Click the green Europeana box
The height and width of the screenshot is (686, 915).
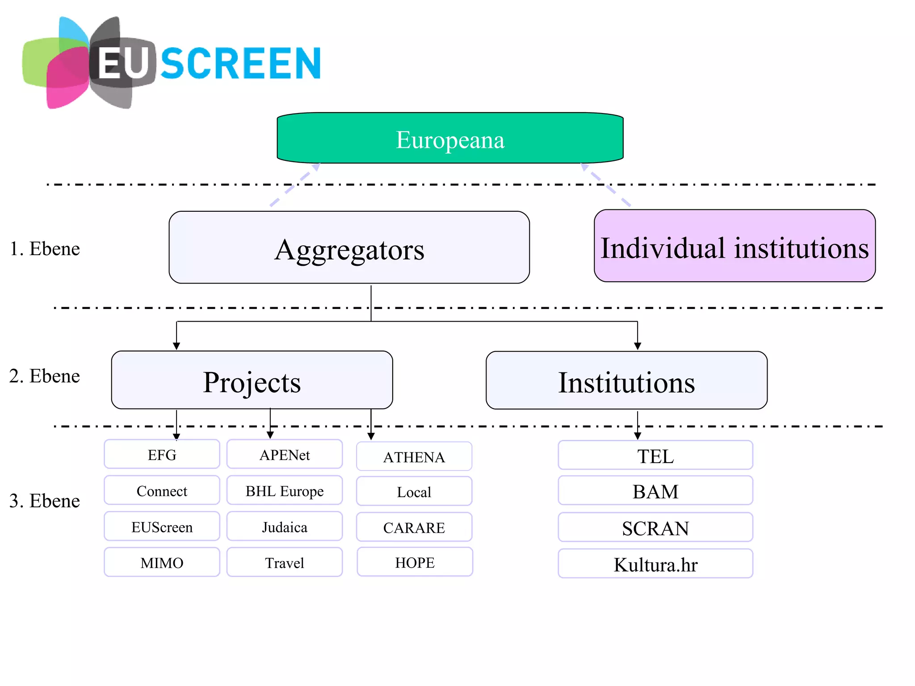(450, 138)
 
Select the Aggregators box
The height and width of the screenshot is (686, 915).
(349, 248)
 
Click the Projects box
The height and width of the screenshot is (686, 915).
(252, 380)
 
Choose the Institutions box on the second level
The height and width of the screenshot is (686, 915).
(626, 381)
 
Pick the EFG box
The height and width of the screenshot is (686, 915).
(162, 454)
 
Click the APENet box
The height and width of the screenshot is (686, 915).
(285, 454)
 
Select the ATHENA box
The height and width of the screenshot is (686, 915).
(414, 456)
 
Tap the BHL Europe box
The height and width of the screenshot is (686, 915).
(285, 490)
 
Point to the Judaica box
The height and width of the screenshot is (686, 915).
(285, 527)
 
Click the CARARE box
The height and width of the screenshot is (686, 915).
(414, 527)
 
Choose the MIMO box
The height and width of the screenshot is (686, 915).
(162, 562)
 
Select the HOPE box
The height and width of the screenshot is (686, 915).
(415, 562)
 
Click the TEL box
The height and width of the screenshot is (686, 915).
(655, 456)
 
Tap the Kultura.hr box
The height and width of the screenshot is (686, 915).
(655, 564)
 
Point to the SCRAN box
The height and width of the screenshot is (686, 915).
(655, 527)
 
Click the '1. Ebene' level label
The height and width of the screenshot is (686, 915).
(45, 249)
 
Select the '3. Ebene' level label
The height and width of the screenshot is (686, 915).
(45, 501)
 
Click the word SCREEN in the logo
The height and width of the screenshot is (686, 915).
(241, 63)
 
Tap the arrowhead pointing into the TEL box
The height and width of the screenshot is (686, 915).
(638, 436)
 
